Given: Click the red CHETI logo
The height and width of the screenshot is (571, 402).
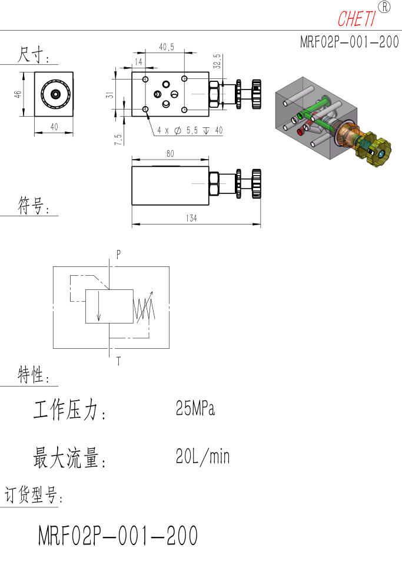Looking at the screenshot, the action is (357, 19).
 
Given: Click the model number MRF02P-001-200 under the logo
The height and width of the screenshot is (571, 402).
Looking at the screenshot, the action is (350, 42).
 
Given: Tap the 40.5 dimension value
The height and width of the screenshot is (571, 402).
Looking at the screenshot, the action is (167, 47).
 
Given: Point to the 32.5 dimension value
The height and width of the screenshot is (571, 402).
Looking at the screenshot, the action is (217, 61).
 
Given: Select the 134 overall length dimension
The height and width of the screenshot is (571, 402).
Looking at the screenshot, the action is (191, 218).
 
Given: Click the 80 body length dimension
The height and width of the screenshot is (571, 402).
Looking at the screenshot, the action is (170, 154).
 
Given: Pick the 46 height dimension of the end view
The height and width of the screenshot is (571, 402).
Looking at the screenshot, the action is (18, 94).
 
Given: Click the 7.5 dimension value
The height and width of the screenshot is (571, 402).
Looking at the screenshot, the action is (118, 140).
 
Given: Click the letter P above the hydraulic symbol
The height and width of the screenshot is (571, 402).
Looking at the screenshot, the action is (119, 255).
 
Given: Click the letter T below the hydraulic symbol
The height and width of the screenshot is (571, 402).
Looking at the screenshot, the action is (119, 361).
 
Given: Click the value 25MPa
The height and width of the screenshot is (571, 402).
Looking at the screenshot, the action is (195, 408).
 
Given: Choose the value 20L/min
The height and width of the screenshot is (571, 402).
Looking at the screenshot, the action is (202, 456).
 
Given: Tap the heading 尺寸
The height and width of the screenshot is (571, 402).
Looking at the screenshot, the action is (33, 55).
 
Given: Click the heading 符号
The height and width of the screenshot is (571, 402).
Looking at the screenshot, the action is (33, 206).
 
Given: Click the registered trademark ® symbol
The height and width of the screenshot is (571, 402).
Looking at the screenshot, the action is (384, 7).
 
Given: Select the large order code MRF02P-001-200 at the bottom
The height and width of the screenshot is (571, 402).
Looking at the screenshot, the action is (118, 535).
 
